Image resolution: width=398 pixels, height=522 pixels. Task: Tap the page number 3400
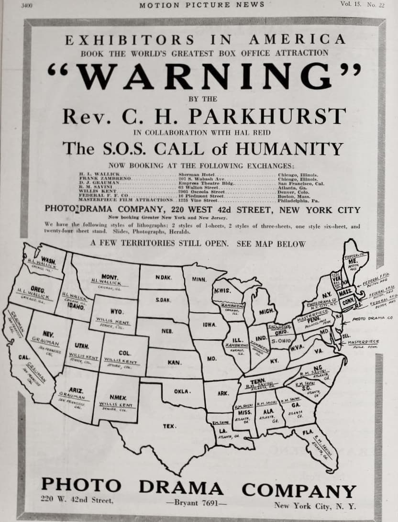(x=30, y=5)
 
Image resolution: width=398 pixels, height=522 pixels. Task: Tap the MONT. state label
(x=110, y=276)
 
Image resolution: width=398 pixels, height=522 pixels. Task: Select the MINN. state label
(x=199, y=278)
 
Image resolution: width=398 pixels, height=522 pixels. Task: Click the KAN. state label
(x=174, y=362)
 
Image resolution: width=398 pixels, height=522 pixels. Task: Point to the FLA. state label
(x=308, y=432)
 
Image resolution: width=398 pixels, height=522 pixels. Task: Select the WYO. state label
(x=117, y=311)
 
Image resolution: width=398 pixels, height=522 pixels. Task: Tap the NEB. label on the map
(x=167, y=331)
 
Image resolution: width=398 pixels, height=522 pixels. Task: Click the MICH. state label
(x=265, y=311)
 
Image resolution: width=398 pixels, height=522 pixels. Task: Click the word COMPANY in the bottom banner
(x=298, y=489)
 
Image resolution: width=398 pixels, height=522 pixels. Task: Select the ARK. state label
(x=222, y=393)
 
